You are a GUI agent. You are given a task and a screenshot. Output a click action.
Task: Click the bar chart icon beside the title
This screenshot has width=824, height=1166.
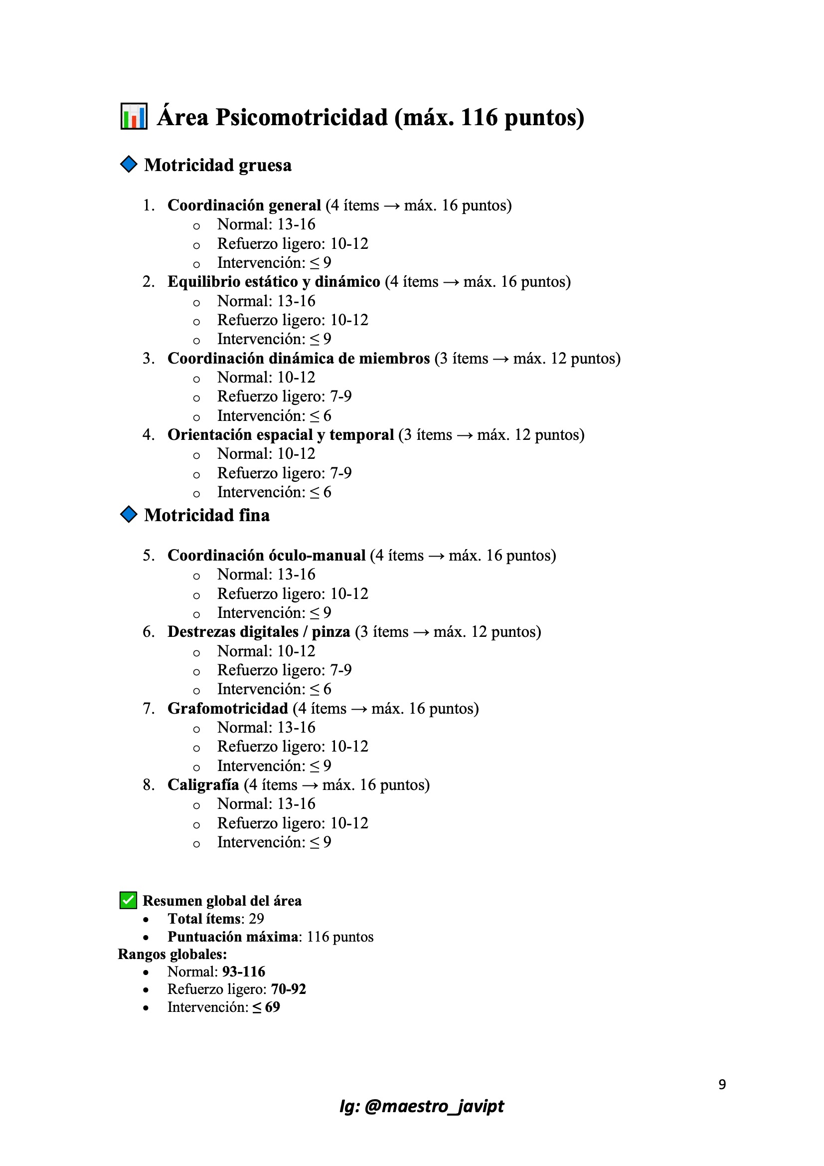pyautogui.click(x=134, y=116)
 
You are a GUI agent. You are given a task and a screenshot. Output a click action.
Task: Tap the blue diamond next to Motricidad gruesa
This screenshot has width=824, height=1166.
pyautogui.click(x=129, y=164)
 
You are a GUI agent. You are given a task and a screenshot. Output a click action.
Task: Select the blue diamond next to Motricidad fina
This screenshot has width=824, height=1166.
pyautogui.click(x=129, y=514)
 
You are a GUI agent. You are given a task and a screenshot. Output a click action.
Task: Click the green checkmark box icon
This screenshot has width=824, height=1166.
pyautogui.click(x=128, y=900)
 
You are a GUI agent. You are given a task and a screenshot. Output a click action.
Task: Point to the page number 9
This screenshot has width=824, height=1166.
pyautogui.click(x=722, y=1084)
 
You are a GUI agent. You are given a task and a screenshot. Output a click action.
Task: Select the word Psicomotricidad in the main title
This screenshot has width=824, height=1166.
pyautogui.click(x=302, y=117)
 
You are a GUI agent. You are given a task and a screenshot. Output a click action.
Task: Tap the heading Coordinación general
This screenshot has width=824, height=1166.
pyautogui.click(x=244, y=205)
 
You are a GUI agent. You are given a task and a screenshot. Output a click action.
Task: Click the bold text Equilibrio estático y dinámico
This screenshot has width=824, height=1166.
pyautogui.click(x=274, y=281)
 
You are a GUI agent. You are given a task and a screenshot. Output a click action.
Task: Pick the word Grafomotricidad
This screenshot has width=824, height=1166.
pyautogui.click(x=227, y=708)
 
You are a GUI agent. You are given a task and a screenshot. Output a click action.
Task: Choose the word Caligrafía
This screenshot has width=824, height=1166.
pyautogui.click(x=203, y=784)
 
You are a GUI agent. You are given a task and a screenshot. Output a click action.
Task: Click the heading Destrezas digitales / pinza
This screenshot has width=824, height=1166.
pyautogui.click(x=258, y=632)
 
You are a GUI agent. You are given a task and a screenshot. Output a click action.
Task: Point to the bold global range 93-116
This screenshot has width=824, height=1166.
pyautogui.click(x=244, y=972)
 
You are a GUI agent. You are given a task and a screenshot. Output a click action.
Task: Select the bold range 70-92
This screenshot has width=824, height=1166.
pyautogui.click(x=288, y=989)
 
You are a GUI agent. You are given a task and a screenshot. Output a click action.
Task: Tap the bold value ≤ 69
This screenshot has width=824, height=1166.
pyautogui.click(x=266, y=1006)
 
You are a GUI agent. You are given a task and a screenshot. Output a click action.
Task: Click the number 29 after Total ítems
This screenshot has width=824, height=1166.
pyautogui.click(x=256, y=919)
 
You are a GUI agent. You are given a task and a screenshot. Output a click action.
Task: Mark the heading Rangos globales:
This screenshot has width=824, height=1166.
pyautogui.click(x=172, y=954)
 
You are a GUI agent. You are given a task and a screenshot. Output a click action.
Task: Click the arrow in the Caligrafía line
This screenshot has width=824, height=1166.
pyautogui.click(x=310, y=785)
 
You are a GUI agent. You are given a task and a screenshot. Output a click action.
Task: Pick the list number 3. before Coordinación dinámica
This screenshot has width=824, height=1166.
pyautogui.click(x=148, y=358)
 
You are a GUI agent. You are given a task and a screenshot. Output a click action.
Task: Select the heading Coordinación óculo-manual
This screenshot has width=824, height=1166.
pyautogui.click(x=266, y=555)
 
